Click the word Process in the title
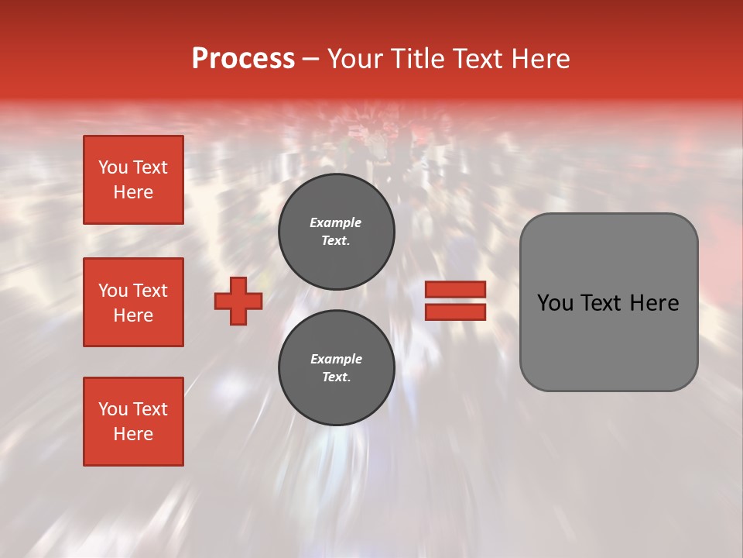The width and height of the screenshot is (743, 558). pyautogui.click(x=243, y=59)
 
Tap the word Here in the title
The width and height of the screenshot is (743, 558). pyautogui.click(x=539, y=59)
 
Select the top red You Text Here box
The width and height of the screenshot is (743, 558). pyautogui.click(x=133, y=180)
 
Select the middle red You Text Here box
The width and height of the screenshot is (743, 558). pyautogui.click(x=133, y=302)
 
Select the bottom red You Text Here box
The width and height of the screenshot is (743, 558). pyautogui.click(x=133, y=422)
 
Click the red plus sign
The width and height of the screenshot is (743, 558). pyautogui.click(x=238, y=301)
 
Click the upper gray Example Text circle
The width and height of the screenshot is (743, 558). pyautogui.click(x=336, y=232)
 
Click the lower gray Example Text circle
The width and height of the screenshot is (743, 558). pyautogui.click(x=336, y=367)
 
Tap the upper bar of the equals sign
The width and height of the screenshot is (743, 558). pyautogui.click(x=455, y=289)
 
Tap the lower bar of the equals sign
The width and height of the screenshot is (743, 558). pyautogui.click(x=455, y=312)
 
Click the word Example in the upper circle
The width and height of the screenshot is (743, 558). pyautogui.click(x=336, y=222)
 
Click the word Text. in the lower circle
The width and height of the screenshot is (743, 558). pyautogui.click(x=336, y=377)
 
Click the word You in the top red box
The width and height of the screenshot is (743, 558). pyautogui.click(x=113, y=167)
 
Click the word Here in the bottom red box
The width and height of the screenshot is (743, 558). pyautogui.click(x=133, y=434)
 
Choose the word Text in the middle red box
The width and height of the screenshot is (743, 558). pyautogui.click(x=150, y=291)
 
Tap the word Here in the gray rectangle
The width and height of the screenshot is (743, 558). pyautogui.click(x=654, y=303)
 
